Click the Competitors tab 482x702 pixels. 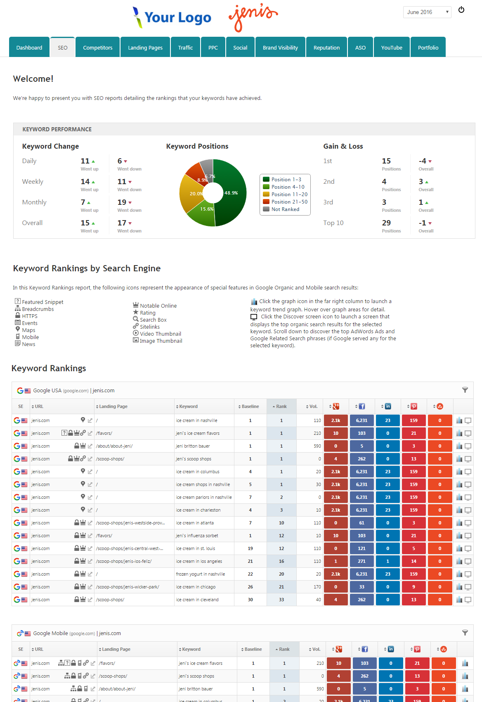[97, 47]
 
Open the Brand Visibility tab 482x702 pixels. [280, 47]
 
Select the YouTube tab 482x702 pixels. [392, 47]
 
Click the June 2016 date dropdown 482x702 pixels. [427, 12]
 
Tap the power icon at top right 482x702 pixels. [461, 10]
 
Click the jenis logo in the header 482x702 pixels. [253, 17]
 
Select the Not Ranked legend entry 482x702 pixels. [285, 209]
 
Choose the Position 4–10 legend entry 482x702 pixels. [288, 187]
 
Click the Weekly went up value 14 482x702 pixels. [85, 182]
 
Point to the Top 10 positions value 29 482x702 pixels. [386, 223]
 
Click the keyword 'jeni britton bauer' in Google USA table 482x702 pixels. [193, 446]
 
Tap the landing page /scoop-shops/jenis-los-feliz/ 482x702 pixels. [124, 561]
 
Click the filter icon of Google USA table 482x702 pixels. [465, 390]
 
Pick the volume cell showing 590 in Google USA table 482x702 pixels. [317, 446]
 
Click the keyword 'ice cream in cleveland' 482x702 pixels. [197, 600]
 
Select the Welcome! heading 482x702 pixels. [33, 79]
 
